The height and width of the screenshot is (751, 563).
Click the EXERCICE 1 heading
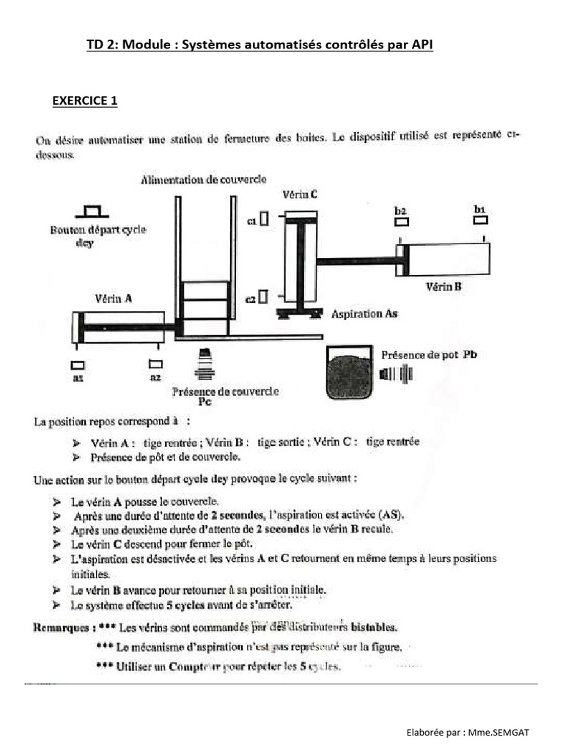[x=84, y=101]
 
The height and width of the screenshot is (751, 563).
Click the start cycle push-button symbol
[x=93, y=212]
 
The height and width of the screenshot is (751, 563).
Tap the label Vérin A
[x=114, y=298]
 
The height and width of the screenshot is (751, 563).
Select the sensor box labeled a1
[x=78, y=364]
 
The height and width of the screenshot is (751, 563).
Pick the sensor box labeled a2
[x=155, y=364]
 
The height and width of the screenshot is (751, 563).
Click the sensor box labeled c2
[x=263, y=296]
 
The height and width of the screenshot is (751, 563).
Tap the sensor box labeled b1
[x=480, y=219]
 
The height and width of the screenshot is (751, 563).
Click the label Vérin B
[x=444, y=287]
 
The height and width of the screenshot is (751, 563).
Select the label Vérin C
[x=300, y=195]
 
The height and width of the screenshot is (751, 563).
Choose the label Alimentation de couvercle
[x=204, y=180]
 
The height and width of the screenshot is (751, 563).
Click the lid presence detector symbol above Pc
[x=206, y=363]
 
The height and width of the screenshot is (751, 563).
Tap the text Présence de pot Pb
[x=430, y=354]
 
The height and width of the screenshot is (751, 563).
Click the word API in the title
[x=422, y=45]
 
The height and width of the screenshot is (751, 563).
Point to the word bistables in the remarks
[x=375, y=628]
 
